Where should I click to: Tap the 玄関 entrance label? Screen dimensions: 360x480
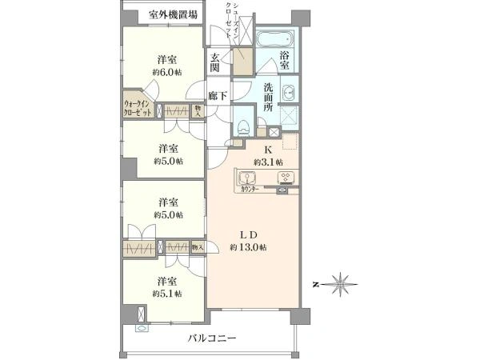click(x=216, y=62)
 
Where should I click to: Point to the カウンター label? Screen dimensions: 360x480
click(x=250, y=190)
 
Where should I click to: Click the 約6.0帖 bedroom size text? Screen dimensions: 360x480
click(x=167, y=72)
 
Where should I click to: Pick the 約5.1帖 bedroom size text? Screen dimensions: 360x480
click(x=167, y=294)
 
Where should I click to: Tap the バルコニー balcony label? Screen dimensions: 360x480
click(x=212, y=339)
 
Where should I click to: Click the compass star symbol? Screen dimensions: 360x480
click(x=342, y=283)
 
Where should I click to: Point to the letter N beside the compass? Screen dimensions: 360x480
click(x=317, y=284)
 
